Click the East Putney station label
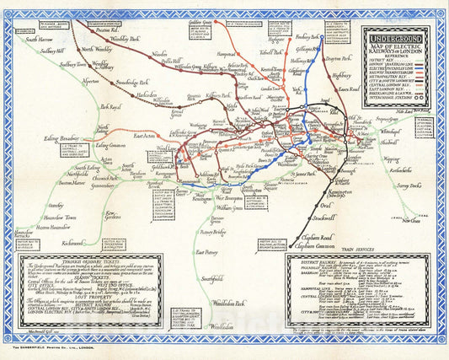coord(208,251)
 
